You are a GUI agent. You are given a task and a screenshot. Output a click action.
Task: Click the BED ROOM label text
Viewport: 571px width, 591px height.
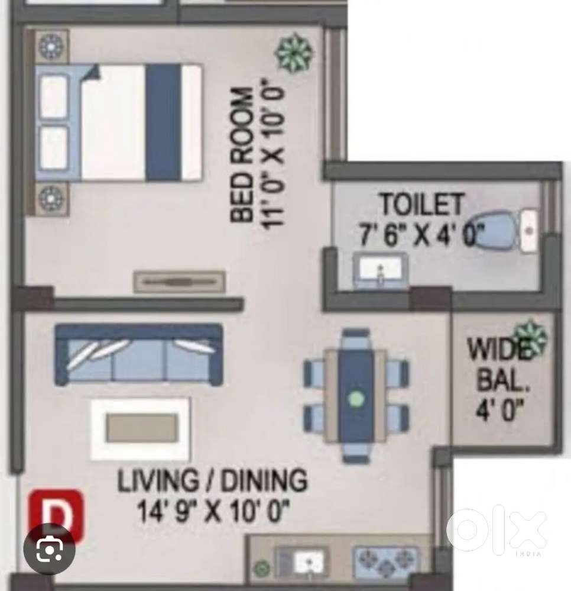click(x=241, y=154)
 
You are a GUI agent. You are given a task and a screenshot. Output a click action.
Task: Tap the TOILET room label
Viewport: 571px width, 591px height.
click(x=421, y=205)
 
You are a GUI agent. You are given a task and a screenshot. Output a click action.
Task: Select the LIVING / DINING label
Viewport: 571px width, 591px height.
click(x=212, y=481)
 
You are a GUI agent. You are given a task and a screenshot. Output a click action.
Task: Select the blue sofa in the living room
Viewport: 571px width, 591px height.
click(x=138, y=355)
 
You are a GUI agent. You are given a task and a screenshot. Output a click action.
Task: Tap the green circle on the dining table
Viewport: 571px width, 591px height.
click(x=356, y=399)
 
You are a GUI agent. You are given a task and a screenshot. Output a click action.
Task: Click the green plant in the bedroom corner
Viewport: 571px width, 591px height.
click(x=294, y=53)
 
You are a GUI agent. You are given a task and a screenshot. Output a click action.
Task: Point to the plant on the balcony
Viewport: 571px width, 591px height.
click(x=531, y=336)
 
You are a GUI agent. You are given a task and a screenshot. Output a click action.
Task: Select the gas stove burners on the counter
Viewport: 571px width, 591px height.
click(x=385, y=560)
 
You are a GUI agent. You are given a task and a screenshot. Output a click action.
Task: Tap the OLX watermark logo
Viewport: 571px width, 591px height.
click(x=496, y=529)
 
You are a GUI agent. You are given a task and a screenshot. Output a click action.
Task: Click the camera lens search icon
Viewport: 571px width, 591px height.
click(x=49, y=549)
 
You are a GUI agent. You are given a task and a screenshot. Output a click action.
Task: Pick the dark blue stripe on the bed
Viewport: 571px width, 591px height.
click(x=163, y=122)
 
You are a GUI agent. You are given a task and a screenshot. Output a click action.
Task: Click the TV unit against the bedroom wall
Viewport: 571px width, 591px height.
click(x=179, y=282)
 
